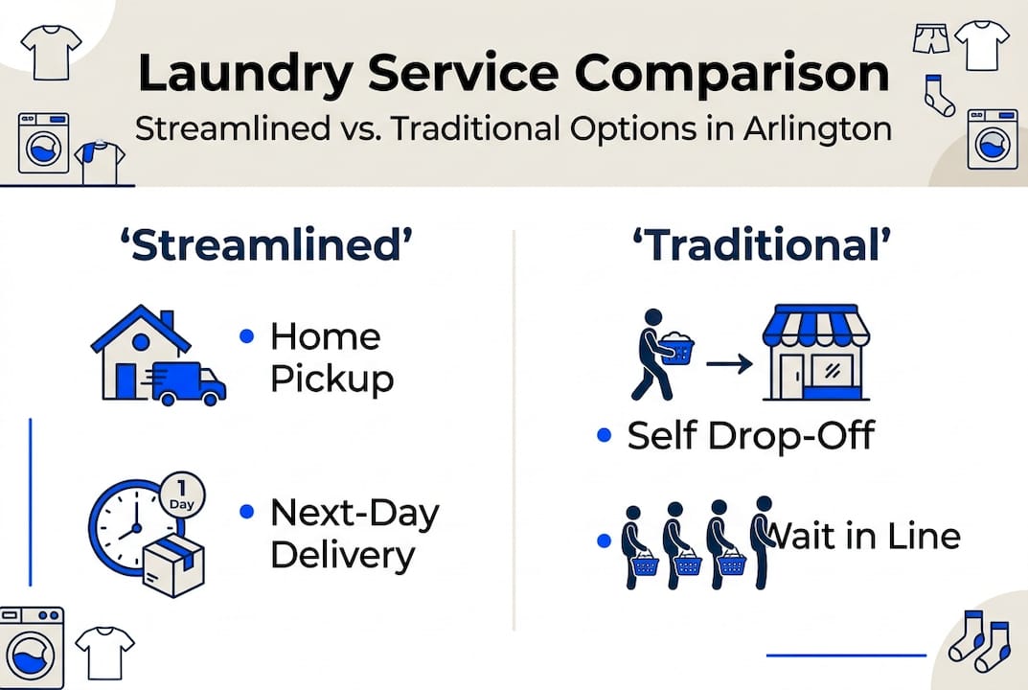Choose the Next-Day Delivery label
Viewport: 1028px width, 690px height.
tap(354, 534)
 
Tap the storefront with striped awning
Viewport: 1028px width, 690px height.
tap(814, 353)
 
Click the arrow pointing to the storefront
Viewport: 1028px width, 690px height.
tap(726, 363)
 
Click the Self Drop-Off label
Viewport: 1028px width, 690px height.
tap(750, 436)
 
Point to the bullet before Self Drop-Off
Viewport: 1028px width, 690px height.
tap(604, 436)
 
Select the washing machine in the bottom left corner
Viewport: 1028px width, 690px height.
tap(31, 648)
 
